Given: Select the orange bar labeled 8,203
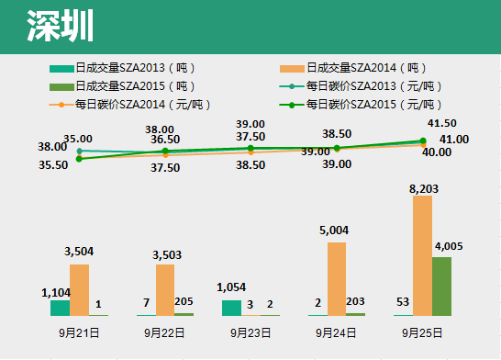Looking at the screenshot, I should coord(422,255).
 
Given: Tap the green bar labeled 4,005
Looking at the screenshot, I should coord(441,286).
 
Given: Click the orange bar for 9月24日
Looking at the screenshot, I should coord(337,278).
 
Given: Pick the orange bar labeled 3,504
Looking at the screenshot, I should coord(79,289).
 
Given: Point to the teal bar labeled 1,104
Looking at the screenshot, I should coord(60,308).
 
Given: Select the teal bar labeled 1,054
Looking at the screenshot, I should coord(231,308).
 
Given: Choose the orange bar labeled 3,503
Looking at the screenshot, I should coord(165,289).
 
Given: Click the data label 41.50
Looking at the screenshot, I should coord(442,123).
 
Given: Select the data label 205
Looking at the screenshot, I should coord(184,302).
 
